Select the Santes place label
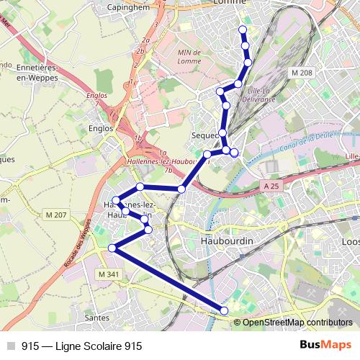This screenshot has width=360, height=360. (96, 316)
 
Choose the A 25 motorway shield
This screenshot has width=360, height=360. (271, 186)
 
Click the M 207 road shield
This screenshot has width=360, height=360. (55, 215)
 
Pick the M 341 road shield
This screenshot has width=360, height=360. (109, 274)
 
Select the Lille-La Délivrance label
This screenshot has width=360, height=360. (261, 94)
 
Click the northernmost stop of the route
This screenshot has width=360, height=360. (243, 30)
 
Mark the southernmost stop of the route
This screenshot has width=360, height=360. (224, 310)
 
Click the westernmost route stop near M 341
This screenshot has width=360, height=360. (112, 248)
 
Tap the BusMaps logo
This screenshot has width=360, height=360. (325, 346)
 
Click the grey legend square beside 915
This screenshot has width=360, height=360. (10, 346)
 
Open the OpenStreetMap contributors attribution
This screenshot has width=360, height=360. (297, 323)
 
